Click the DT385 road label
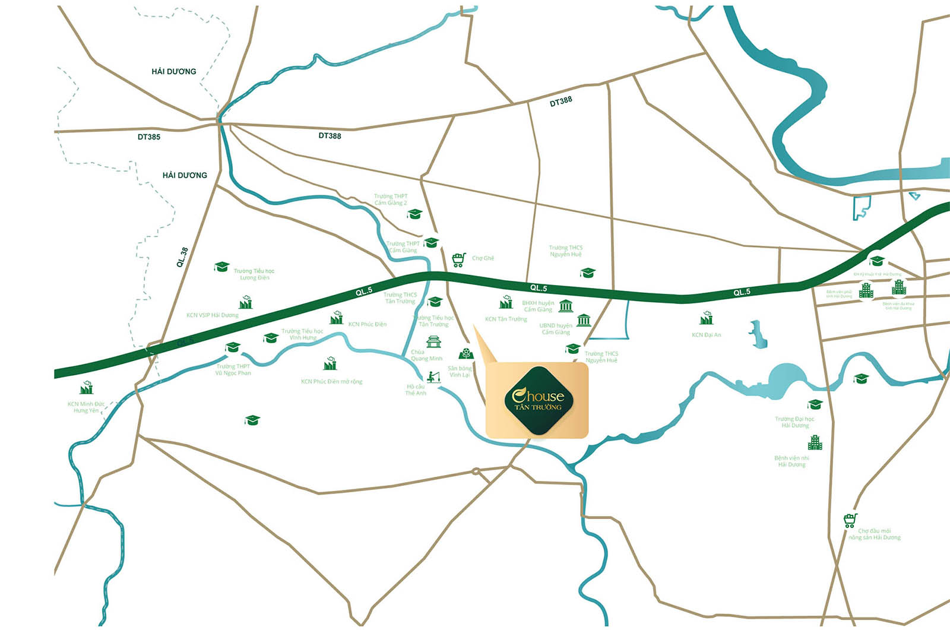click(x=148, y=137)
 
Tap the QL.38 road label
click(x=182, y=257)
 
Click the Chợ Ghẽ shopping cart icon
click(x=458, y=259)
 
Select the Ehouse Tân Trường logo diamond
click(x=539, y=401)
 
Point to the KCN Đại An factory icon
click(x=706, y=318)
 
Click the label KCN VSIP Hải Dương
click(x=212, y=315)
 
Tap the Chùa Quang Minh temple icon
click(x=433, y=341)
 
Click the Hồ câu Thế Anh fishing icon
click(x=433, y=376)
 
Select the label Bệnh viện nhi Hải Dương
click(x=791, y=461)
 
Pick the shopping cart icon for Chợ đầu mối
click(x=850, y=521)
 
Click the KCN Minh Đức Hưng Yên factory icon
click(x=87, y=388)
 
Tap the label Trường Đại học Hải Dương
click(x=794, y=422)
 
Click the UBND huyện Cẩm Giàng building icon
click(x=584, y=320)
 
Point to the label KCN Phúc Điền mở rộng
click(x=331, y=382)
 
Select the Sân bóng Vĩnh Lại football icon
click(x=466, y=354)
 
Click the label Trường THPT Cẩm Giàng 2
click(x=391, y=200)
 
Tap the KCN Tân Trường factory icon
click(x=506, y=302)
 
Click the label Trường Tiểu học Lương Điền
click(x=254, y=274)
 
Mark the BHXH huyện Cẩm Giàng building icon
click(x=565, y=306)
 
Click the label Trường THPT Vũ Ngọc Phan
click(x=233, y=370)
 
